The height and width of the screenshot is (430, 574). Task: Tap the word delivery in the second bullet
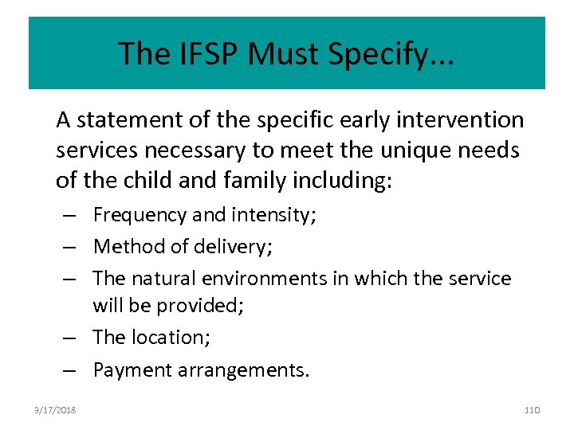[237, 247]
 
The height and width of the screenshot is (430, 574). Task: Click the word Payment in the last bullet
[127, 370]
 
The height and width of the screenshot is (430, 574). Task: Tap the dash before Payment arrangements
[70, 370]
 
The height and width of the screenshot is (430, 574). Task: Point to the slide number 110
[533, 409]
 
